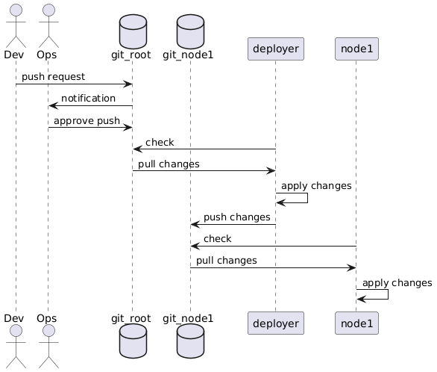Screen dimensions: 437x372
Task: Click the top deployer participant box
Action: click(276, 49)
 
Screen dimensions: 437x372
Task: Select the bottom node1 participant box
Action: click(356, 323)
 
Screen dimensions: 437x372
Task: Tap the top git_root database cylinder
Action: click(133, 31)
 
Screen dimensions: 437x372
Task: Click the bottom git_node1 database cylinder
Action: click(191, 341)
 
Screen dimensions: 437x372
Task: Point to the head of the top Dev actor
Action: click(16, 10)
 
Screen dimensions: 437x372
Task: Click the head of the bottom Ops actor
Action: click(48, 330)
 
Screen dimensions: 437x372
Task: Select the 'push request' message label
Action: click(53, 76)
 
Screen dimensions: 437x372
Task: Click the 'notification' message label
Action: click(88, 99)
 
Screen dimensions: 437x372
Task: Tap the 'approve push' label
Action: click(87, 120)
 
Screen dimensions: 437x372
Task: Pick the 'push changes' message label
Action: click(237, 217)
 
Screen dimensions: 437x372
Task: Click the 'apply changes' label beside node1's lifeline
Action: click(397, 282)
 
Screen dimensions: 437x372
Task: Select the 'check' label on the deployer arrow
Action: click(160, 143)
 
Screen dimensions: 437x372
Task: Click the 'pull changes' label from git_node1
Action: click(226, 261)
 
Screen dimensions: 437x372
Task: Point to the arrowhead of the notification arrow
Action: click(53, 106)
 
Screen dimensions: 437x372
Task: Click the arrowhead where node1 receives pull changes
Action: click(351, 268)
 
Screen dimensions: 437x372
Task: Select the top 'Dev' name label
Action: click(14, 55)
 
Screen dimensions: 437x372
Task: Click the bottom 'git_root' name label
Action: click(131, 318)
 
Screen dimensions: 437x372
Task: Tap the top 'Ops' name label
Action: click(46, 55)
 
